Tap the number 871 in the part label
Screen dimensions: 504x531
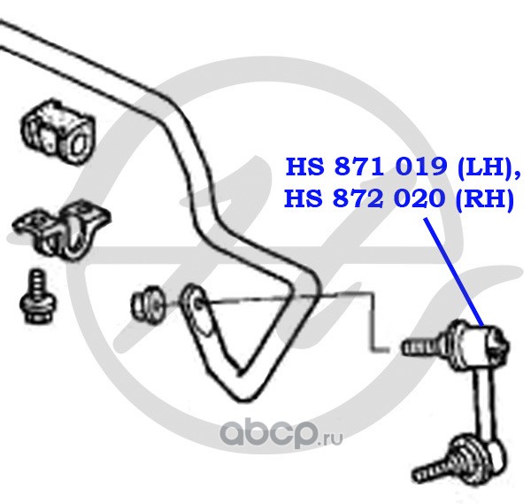point(357,167)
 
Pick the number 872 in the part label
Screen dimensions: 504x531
point(357,199)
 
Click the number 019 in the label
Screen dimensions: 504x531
point(417,167)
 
